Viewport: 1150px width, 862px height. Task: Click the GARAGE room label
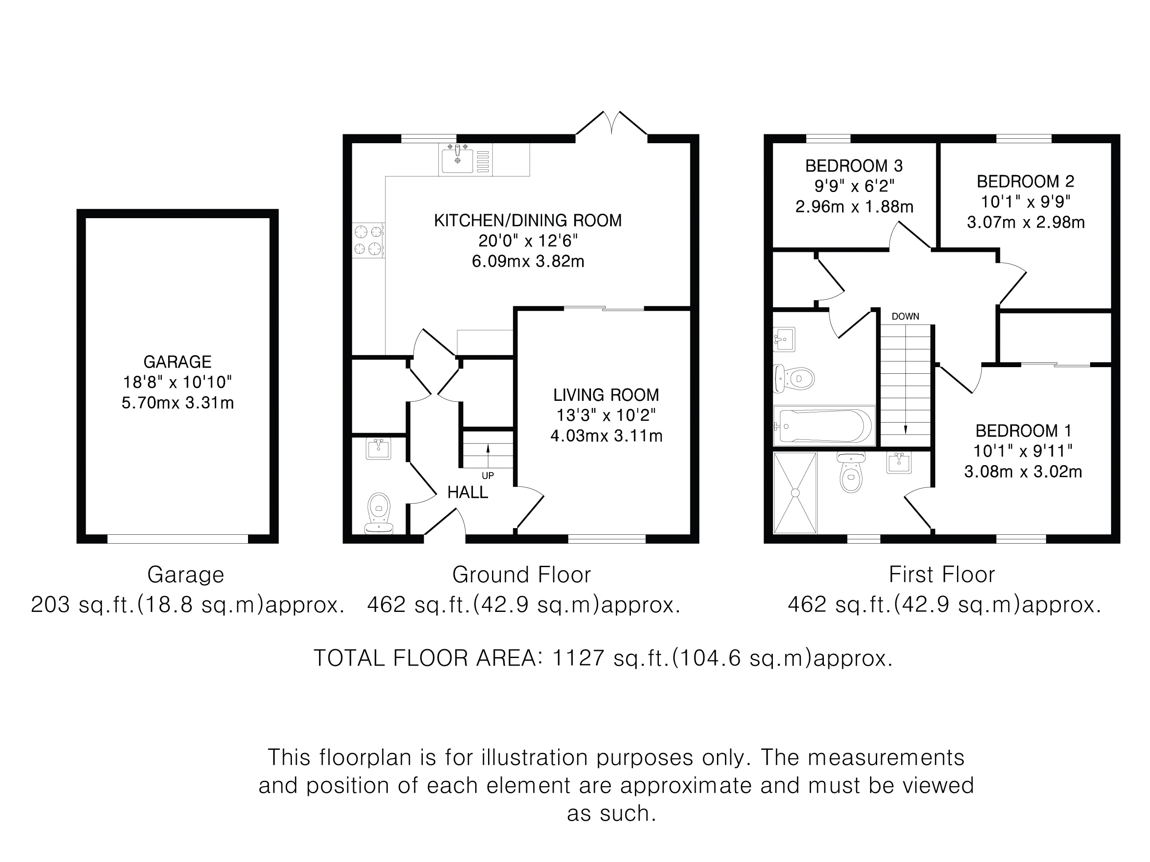[x=177, y=362]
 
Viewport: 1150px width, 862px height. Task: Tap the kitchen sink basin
[x=457, y=161]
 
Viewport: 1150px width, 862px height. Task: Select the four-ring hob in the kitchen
[x=368, y=240]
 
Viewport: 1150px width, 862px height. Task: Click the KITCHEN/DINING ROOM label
[x=528, y=220]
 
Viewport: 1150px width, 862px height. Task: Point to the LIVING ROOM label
[x=606, y=395]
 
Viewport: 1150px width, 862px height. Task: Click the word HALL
[x=468, y=492]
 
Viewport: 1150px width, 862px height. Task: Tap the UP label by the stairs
[x=488, y=475]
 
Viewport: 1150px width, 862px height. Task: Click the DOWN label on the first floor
[x=905, y=317]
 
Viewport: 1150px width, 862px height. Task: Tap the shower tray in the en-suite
[x=795, y=493]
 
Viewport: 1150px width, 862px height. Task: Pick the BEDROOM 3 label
[x=854, y=166]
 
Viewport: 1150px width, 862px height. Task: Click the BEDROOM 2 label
[x=1025, y=181]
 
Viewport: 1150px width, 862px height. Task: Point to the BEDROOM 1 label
[x=1024, y=431]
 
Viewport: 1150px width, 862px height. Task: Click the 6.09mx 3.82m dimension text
[x=528, y=261]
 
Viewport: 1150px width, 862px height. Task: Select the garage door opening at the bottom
[x=178, y=539]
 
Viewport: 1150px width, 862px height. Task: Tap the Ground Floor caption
[x=521, y=575]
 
